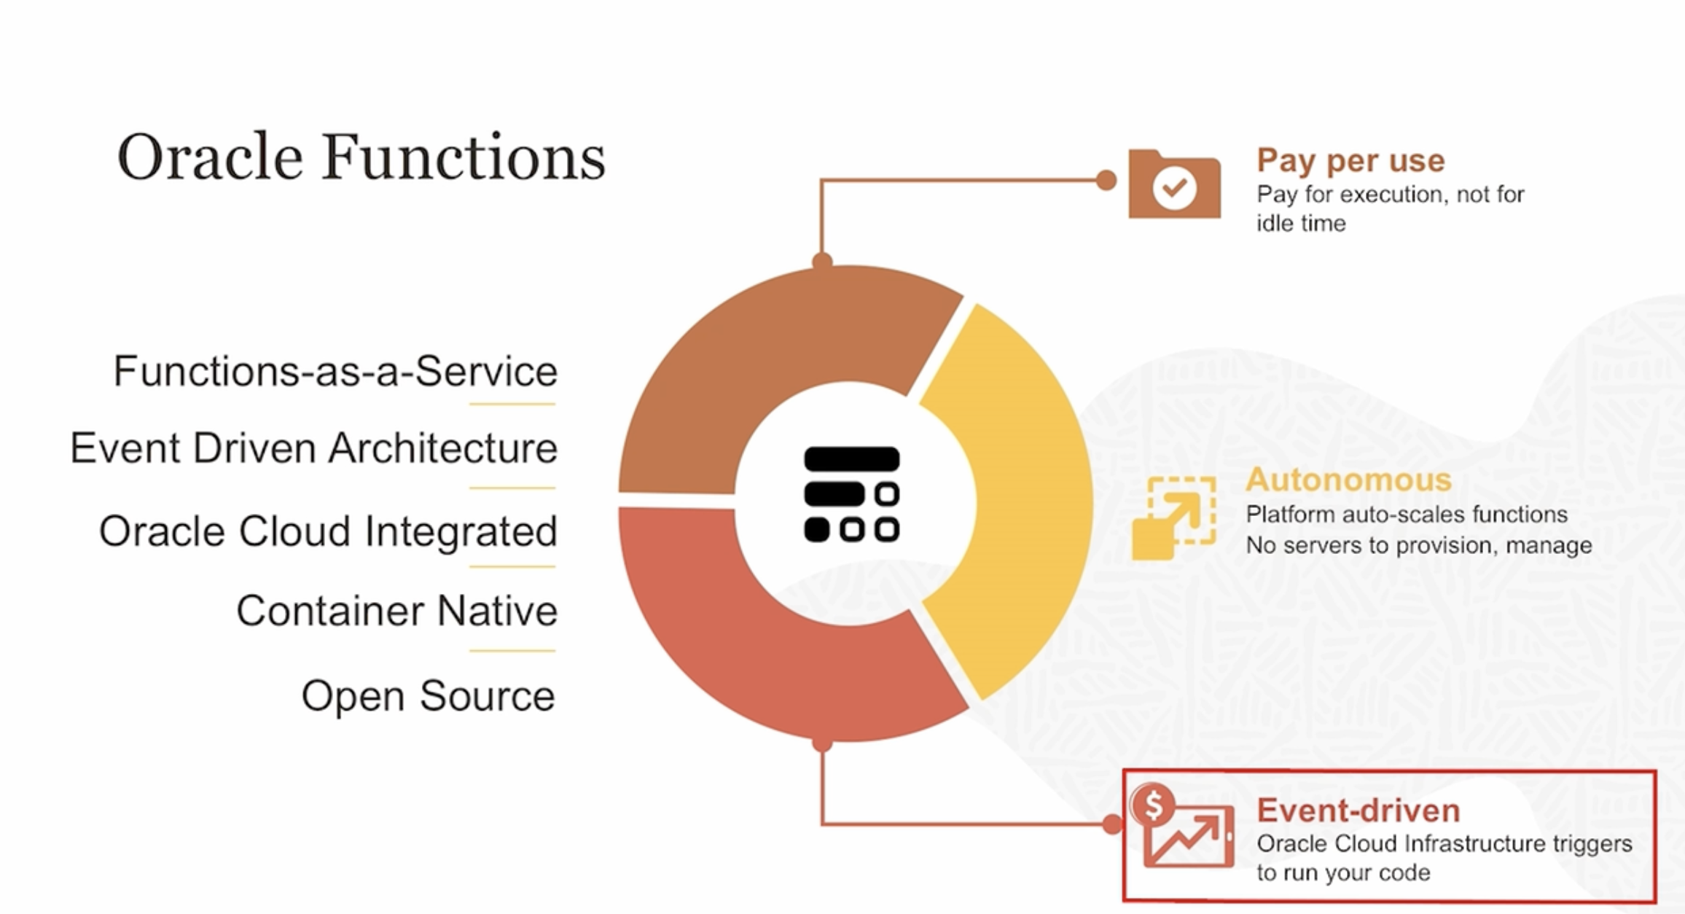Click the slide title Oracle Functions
tap(361, 157)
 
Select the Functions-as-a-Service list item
tap(335, 371)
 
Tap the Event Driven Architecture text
tap(313, 448)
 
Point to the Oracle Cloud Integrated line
tap(328, 531)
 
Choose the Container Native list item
tap(396, 611)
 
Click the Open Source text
tap(429, 696)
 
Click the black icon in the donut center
tap(851, 494)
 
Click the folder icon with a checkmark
tap(1174, 184)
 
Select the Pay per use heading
tap(1350, 160)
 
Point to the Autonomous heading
tap(1348, 480)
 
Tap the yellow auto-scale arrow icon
tap(1173, 517)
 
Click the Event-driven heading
tap(1358, 811)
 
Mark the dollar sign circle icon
tap(1153, 805)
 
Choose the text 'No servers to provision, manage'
tap(1418, 545)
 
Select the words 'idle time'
tap(1301, 223)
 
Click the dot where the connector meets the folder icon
tap(1106, 180)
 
